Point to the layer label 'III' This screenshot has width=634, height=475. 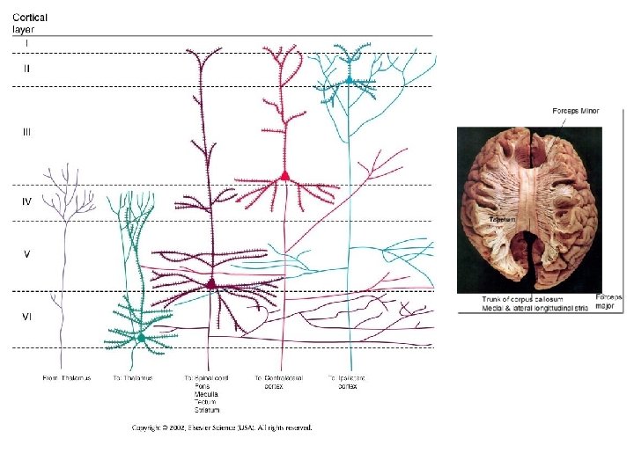[27, 132]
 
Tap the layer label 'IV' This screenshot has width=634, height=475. [27, 201]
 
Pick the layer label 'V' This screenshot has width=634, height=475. [27, 253]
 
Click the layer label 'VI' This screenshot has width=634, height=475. [27, 317]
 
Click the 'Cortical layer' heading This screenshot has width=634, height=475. [30, 23]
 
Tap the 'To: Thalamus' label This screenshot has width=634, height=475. [133, 378]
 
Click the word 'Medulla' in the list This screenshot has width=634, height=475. [206, 394]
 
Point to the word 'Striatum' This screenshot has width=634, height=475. [208, 410]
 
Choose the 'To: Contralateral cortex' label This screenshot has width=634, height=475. [278, 382]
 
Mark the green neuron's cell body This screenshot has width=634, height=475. [141, 337]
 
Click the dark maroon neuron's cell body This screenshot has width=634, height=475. [211, 284]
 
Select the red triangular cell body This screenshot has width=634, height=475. [284, 177]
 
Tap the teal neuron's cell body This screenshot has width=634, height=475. [350, 80]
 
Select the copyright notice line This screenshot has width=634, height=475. [222, 428]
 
